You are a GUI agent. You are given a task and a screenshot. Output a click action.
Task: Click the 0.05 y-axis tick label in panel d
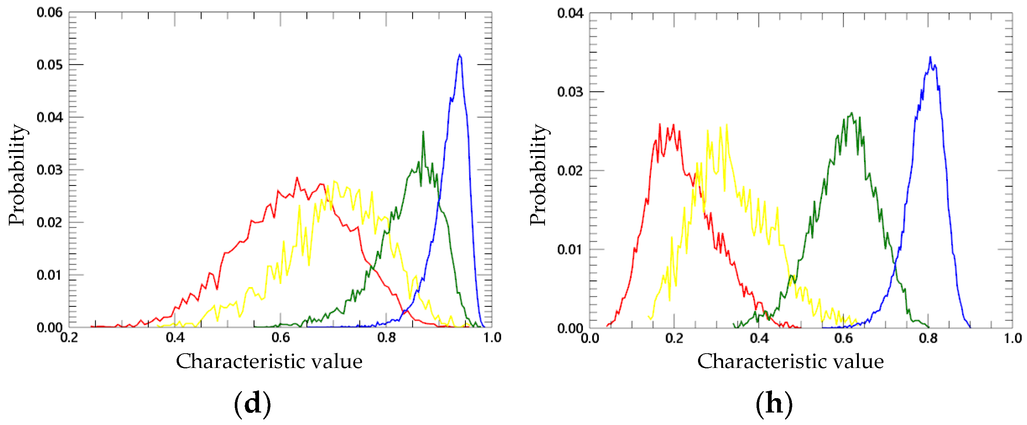49,65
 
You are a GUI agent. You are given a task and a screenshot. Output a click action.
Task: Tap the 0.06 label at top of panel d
49,13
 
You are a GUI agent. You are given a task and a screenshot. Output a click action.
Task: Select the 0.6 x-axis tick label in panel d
280,338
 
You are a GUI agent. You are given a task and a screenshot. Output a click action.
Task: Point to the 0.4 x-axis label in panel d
175,338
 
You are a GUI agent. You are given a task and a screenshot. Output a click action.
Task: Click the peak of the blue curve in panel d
460,55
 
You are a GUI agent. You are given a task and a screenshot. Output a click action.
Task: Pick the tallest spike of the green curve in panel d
423,132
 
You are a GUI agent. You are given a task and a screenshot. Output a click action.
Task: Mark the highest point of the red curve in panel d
297,177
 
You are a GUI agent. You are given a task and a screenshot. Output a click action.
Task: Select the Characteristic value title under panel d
269,361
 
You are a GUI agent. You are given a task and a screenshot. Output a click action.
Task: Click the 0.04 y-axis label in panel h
570,13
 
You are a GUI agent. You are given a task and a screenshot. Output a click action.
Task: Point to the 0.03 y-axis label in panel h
570,92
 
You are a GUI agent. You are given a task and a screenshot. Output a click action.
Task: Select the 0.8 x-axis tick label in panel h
928,338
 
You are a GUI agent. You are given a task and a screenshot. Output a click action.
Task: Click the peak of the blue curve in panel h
930,57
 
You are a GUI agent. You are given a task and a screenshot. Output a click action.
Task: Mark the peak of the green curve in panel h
852,113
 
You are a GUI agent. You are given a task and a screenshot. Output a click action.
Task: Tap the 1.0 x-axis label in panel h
1012,338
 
